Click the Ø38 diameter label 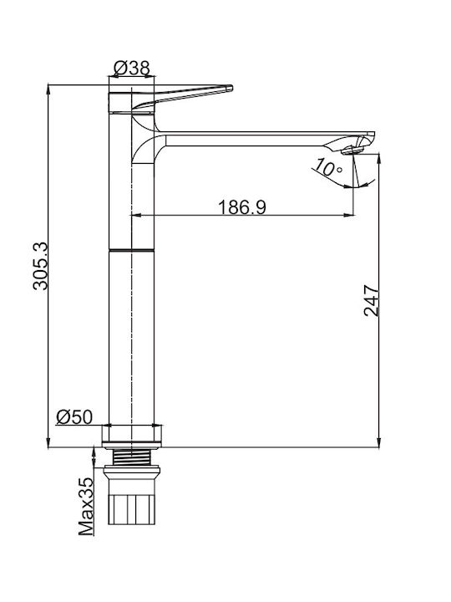[x=132, y=69]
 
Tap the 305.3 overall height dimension [x=40, y=266]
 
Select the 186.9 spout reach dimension [x=242, y=207]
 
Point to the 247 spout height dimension [x=371, y=300]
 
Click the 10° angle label [x=327, y=168]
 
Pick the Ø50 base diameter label [x=74, y=417]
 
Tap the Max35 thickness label [x=86, y=506]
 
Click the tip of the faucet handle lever [x=231, y=88]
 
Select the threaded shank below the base [x=132, y=457]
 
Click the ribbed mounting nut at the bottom [x=132, y=509]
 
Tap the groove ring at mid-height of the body [x=132, y=250]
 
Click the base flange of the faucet [x=132, y=436]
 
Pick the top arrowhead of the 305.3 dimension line [x=48, y=89]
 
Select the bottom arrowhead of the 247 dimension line [x=379, y=442]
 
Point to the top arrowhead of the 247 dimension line [x=379, y=159]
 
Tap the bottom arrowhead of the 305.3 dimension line [x=48, y=442]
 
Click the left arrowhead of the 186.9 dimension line [x=137, y=215]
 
